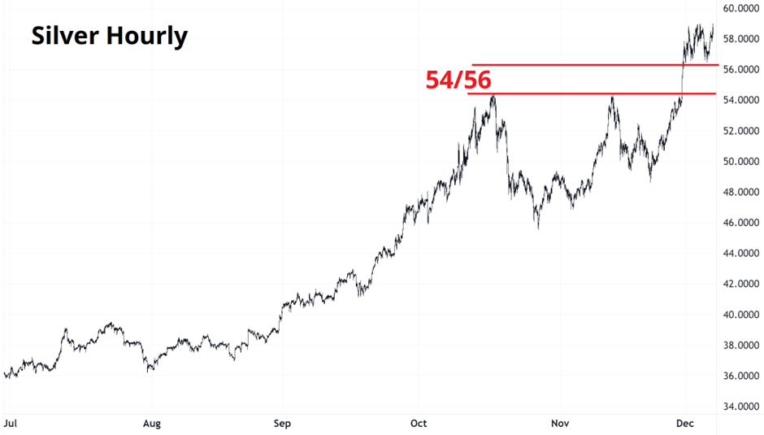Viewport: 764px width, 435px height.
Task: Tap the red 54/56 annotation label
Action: pyautogui.click(x=458, y=80)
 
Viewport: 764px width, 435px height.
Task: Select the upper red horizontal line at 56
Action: pyautogui.click(x=593, y=65)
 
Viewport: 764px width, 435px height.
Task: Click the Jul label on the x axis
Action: pyautogui.click(x=11, y=424)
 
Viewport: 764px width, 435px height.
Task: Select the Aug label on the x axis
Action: pyautogui.click(x=151, y=424)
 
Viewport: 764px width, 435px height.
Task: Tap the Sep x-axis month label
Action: pyautogui.click(x=282, y=424)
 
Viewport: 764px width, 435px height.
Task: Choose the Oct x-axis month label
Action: pyautogui.click(x=419, y=424)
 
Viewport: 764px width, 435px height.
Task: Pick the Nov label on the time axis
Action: pyautogui.click(x=559, y=424)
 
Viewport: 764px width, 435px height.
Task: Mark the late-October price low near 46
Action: pyautogui.click(x=537, y=227)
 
